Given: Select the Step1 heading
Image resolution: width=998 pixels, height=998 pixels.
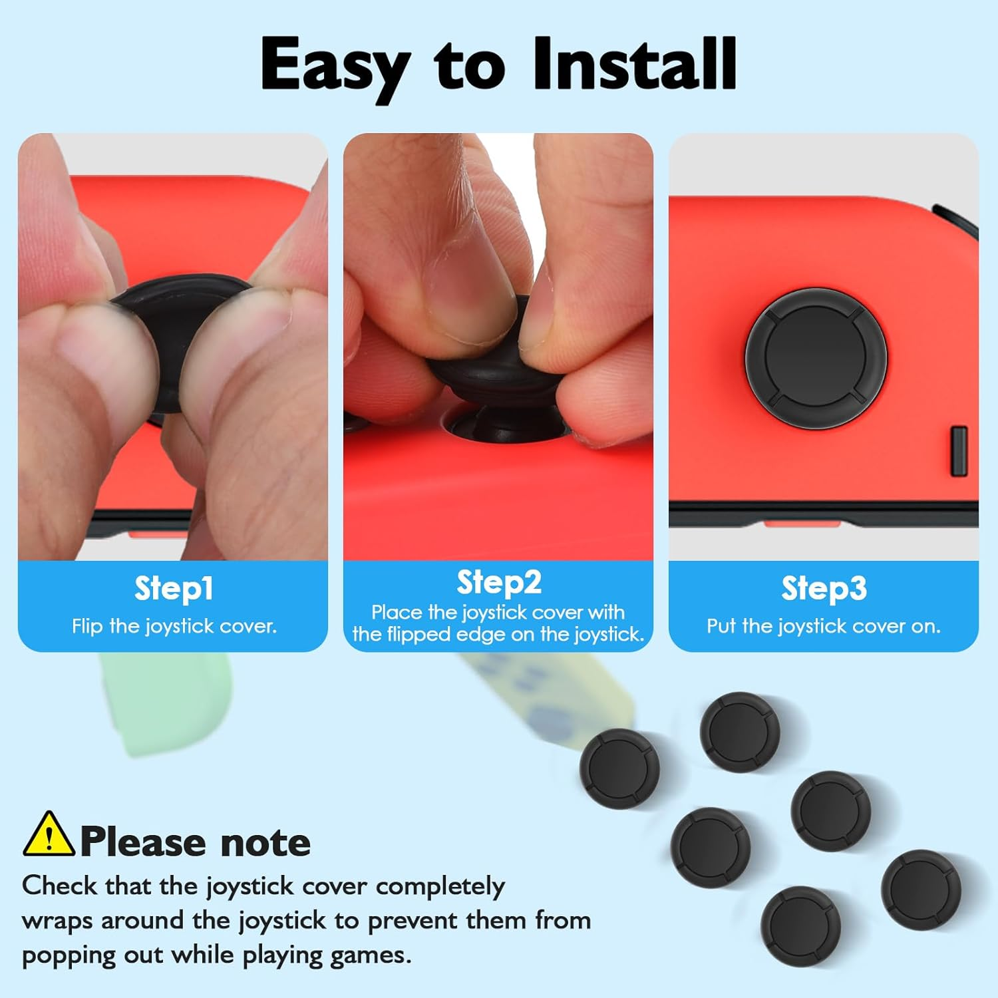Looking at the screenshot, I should tap(174, 588).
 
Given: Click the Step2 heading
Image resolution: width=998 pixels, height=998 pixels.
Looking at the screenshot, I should tap(499, 582).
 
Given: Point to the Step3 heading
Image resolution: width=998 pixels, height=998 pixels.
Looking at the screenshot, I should tap(824, 588).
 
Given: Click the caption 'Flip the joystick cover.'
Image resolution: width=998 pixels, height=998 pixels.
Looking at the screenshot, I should tap(174, 626).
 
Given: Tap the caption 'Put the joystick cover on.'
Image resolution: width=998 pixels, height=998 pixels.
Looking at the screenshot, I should tap(824, 626).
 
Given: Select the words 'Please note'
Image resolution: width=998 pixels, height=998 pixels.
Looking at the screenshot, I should tap(196, 842).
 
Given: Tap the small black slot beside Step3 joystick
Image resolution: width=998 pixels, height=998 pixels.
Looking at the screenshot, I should tap(959, 451).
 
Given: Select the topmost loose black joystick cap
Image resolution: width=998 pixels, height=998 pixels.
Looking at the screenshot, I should tap(739, 732).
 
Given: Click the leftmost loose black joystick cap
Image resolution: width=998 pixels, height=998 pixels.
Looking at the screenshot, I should tap(619, 768).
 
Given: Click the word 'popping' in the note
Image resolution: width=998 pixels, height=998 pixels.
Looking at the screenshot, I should tap(59, 955).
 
